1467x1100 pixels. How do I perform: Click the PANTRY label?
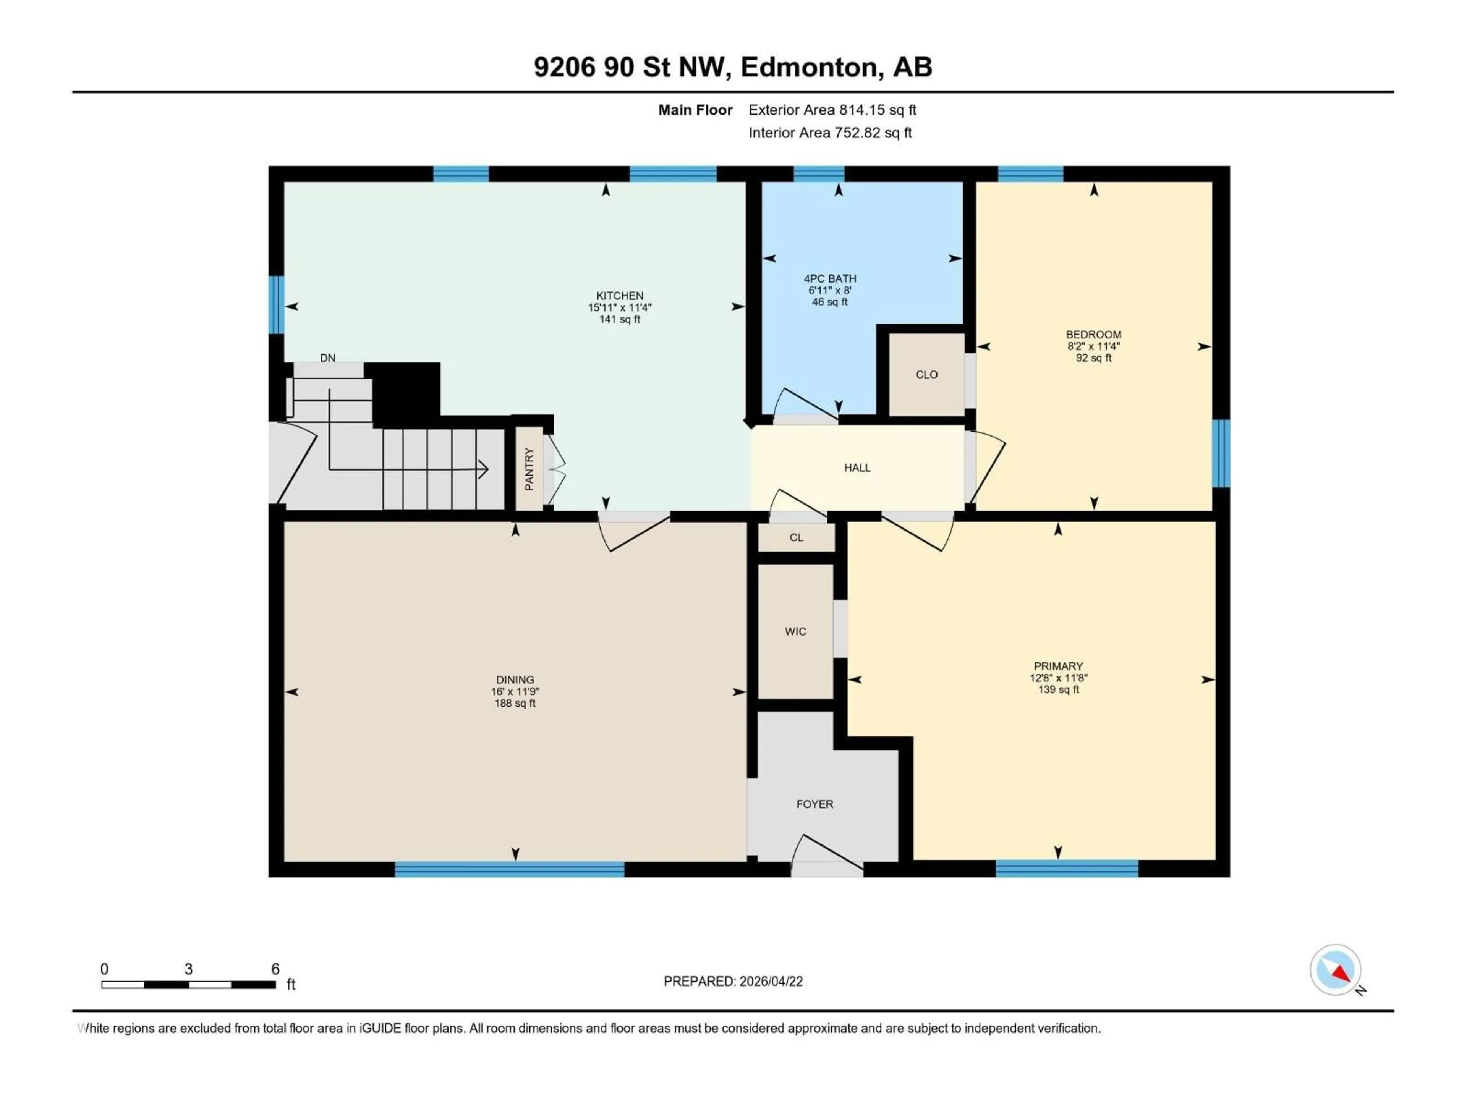pyautogui.click(x=529, y=469)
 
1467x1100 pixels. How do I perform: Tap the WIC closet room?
pyautogui.click(x=795, y=631)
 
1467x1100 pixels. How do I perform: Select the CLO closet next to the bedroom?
pyautogui.click(x=926, y=375)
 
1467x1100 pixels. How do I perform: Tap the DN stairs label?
pyautogui.click(x=328, y=358)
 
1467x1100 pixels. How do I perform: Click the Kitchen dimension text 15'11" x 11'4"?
pyautogui.click(x=619, y=307)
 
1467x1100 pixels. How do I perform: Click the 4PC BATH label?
pyautogui.click(x=830, y=278)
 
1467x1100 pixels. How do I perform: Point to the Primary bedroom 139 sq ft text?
pyautogui.click(x=1058, y=689)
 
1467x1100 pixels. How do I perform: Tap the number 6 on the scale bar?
pyautogui.click(x=275, y=969)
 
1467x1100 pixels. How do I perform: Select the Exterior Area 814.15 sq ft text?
pyautogui.click(x=832, y=110)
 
